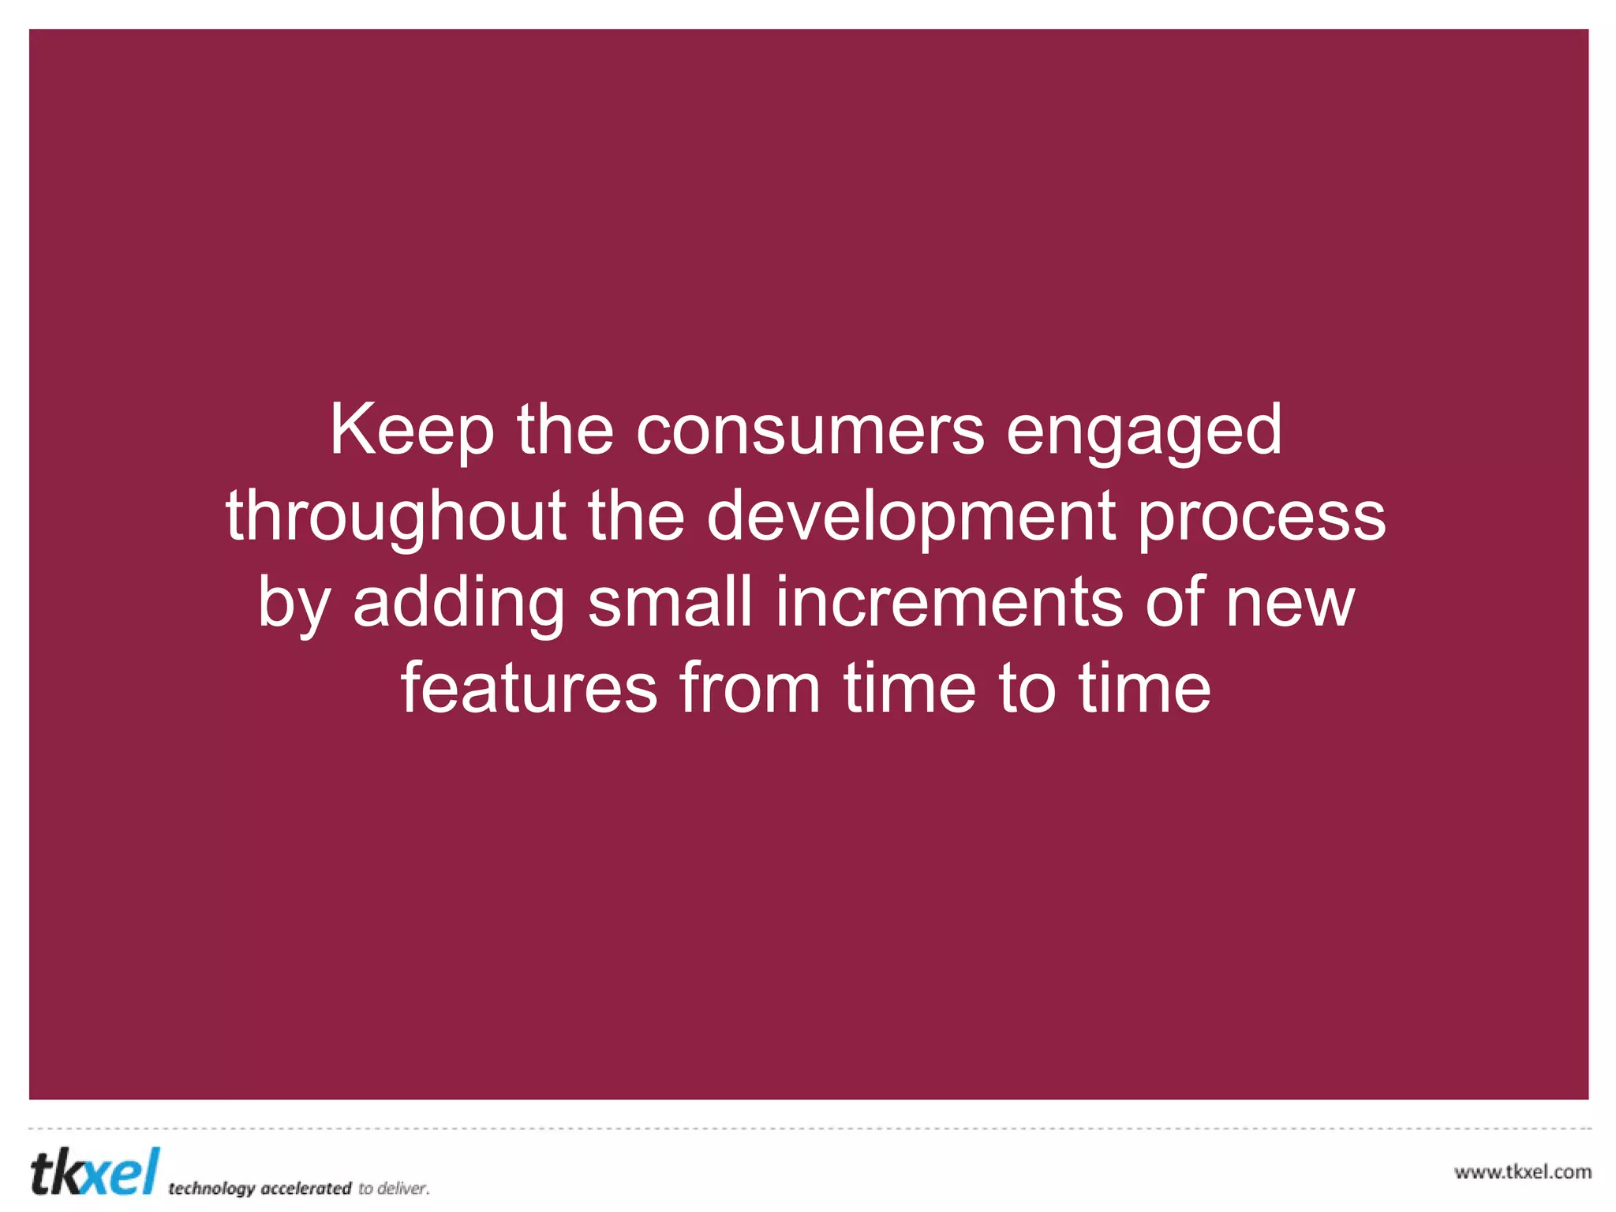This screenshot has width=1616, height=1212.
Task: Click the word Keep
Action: click(411, 431)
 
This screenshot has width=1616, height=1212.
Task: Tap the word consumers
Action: click(810, 431)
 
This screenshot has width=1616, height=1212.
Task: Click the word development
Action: click(911, 518)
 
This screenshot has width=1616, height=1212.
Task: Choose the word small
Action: click(670, 603)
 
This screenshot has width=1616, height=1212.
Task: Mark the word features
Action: click(529, 690)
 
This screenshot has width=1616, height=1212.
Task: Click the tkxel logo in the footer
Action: click(95, 1173)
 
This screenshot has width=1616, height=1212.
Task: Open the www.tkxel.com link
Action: click(1522, 1172)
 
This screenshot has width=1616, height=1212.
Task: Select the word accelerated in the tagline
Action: click(305, 1188)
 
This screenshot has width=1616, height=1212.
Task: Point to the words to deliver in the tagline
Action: click(394, 1188)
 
